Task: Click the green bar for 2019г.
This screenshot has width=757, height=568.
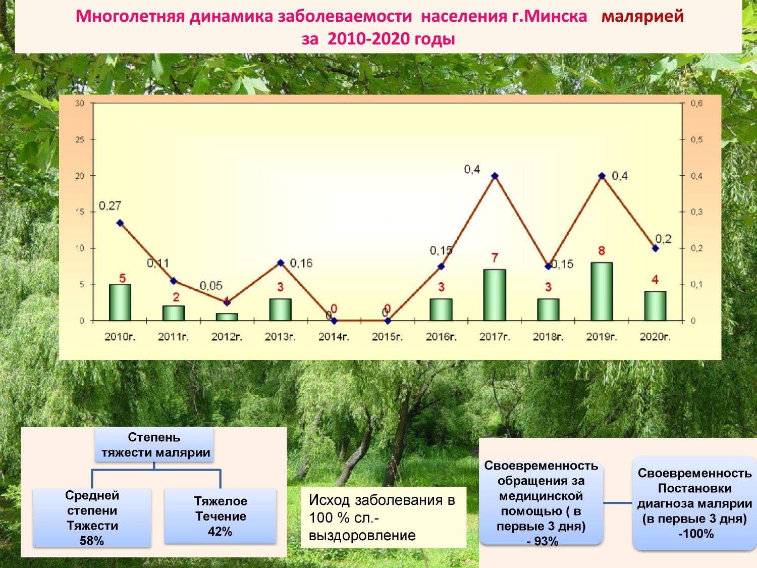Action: (602, 291)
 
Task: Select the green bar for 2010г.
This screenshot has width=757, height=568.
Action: (120, 302)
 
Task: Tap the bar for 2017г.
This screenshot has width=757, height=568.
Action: (495, 295)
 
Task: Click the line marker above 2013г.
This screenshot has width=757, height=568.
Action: (281, 263)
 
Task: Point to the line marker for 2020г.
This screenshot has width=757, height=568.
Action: (655, 248)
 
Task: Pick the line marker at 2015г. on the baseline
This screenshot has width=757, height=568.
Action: (388, 321)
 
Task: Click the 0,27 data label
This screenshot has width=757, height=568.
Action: (110, 206)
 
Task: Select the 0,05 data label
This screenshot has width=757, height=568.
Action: (211, 286)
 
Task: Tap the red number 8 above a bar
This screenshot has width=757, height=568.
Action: (602, 251)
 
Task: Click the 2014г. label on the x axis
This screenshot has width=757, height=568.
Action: (334, 337)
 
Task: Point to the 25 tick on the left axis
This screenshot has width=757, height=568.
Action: (80, 140)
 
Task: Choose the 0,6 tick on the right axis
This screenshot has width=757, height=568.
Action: (696, 104)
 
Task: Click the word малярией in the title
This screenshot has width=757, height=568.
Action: (642, 16)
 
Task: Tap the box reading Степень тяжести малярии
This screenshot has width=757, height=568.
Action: (154, 445)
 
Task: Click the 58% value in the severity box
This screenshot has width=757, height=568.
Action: (92, 540)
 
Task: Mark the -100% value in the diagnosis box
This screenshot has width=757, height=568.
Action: (696, 534)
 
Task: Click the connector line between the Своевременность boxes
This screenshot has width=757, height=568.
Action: (618, 503)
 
